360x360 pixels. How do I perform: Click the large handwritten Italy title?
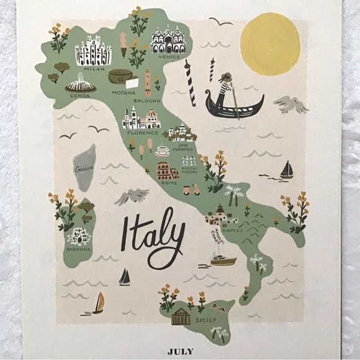[153, 235]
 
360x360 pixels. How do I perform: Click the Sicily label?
[205, 320]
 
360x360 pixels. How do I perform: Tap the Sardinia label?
[79, 249]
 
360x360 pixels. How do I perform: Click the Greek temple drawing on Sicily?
[181, 316]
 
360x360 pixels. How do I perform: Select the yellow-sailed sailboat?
[98, 304]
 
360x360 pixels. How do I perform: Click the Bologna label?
[146, 100]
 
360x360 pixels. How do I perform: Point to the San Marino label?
[182, 146]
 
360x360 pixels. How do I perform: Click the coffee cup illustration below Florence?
[163, 150]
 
